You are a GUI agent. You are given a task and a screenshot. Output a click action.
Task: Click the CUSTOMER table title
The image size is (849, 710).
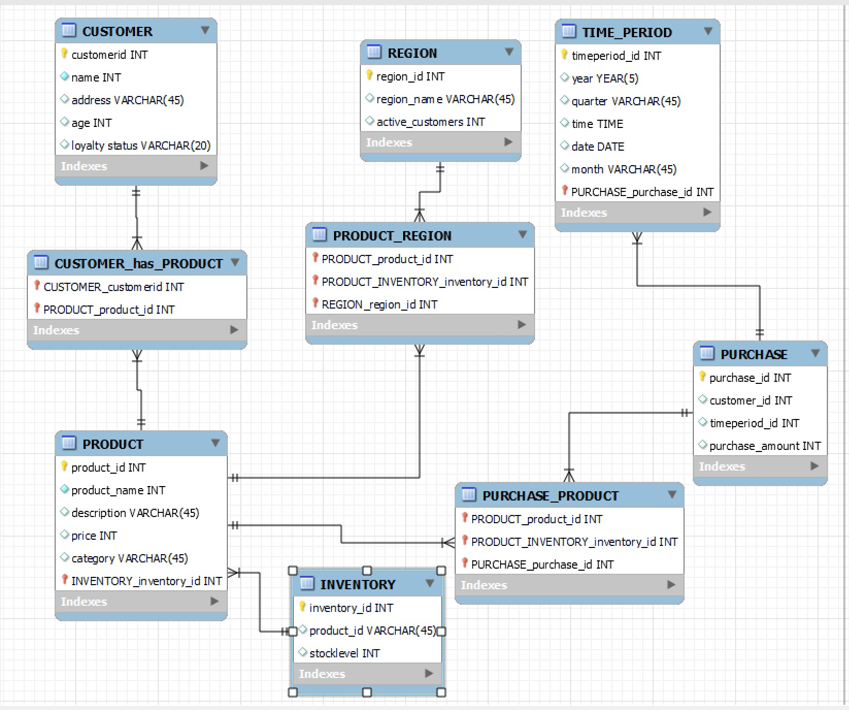point(117,31)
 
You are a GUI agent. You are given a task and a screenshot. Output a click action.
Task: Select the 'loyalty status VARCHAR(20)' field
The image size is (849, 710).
point(141,146)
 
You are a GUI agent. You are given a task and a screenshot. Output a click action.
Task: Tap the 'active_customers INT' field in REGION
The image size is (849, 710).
point(430,122)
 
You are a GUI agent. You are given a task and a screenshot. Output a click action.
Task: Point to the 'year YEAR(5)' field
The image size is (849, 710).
point(605,78)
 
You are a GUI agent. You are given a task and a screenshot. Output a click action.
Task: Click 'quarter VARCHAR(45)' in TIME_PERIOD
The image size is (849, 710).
point(626,101)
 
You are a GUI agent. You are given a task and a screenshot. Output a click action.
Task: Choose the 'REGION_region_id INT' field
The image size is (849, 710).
point(379,304)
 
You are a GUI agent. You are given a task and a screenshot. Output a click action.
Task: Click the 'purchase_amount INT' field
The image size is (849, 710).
point(765,446)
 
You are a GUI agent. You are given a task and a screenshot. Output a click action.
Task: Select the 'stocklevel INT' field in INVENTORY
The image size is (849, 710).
point(344,653)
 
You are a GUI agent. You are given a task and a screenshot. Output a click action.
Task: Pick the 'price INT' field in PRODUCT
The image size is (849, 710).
point(94,536)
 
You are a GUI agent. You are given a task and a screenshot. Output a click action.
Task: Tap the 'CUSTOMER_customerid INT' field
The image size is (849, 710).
point(113,287)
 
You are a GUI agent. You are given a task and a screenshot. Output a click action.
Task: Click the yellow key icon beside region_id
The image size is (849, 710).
point(369,75)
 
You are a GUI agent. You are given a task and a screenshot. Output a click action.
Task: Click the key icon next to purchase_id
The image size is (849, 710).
point(702,377)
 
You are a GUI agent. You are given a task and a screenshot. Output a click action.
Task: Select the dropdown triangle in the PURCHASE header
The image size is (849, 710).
point(815,353)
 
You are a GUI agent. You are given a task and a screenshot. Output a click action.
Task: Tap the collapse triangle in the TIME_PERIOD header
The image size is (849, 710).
point(708,31)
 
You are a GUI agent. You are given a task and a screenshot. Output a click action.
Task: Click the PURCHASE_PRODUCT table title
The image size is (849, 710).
point(550,496)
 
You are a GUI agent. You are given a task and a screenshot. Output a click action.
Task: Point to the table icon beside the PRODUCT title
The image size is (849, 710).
point(69,443)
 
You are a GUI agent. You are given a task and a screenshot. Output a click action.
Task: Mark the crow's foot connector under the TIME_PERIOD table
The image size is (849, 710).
point(637,237)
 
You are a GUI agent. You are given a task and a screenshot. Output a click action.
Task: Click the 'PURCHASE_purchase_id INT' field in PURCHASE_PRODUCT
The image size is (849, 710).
point(542,564)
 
